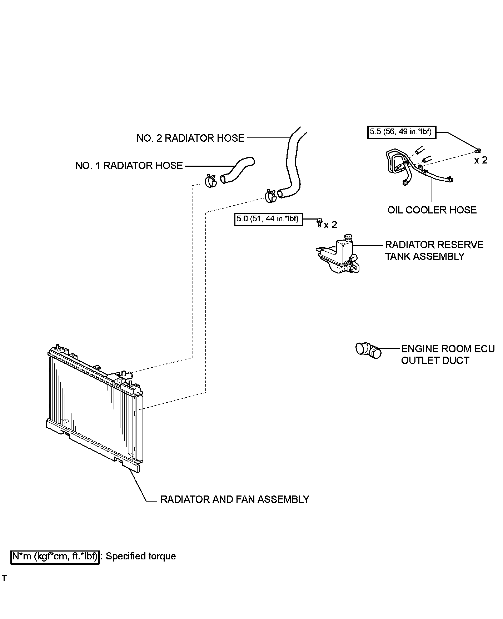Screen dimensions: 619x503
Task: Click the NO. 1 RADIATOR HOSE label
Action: click(x=129, y=166)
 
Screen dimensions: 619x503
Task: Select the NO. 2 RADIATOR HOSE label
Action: click(x=190, y=138)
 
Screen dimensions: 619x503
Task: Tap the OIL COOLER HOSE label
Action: click(x=432, y=210)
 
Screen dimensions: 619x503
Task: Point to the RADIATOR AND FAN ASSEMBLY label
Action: click(x=235, y=499)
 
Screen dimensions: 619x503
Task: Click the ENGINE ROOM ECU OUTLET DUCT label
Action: click(x=448, y=354)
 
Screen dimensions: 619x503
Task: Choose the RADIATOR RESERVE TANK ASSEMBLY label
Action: click(x=434, y=251)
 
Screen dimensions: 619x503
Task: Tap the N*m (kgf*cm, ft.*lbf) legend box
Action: click(x=55, y=557)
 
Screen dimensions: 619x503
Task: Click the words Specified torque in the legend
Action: click(x=141, y=556)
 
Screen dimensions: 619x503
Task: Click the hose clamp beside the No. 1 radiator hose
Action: click(x=211, y=181)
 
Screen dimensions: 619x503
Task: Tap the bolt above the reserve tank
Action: click(x=320, y=223)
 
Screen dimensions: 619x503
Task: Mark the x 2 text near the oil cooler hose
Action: click(x=480, y=161)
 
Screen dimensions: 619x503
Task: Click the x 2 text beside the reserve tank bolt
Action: click(x=330, y=225)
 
